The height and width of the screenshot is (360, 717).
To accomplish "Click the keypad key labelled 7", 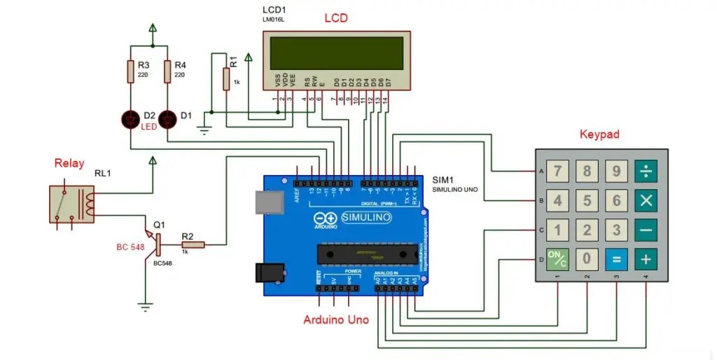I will (x=557, y=171).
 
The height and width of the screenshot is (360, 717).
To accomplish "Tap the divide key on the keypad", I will (x=646, y=171).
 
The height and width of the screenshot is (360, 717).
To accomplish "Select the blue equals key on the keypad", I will (x=616, y=260).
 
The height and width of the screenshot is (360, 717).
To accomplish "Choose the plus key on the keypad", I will (x=646, y=260).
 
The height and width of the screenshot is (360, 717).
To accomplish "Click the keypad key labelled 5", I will (x=587, y=201).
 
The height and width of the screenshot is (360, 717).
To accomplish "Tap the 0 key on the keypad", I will (x=587, y=260).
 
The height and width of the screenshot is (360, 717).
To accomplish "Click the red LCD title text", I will (x=336, y=18).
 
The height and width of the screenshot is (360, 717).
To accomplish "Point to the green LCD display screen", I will (x=336, y=50).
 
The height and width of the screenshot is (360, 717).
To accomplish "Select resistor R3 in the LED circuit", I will (x=130, y=71).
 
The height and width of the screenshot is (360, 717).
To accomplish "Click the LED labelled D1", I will (x=167, y=119).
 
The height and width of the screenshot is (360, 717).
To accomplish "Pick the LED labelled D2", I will (x=130, y=119).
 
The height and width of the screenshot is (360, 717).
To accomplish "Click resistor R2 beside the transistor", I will (x=193, y=244).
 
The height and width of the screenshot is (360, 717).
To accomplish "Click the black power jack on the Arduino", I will (x=267, y=272).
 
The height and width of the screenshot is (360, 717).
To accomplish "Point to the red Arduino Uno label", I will (x=336, y=320).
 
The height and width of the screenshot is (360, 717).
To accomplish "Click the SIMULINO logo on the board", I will (x=366, y=218).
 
